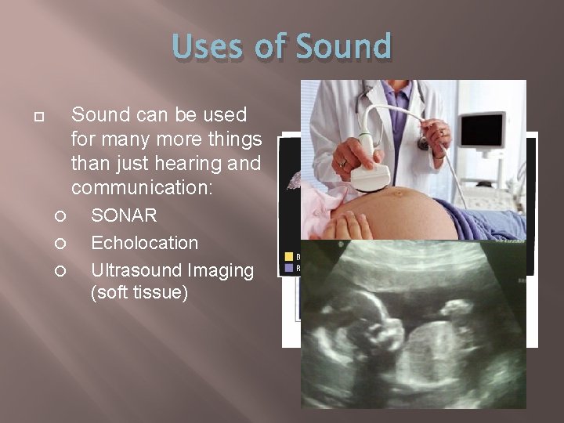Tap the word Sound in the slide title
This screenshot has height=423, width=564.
click(344, 46)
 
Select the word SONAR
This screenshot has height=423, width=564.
click(124, 215)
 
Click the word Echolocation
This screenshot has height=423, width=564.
click(144, 243)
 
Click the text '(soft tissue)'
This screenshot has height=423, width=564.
click(139, 295)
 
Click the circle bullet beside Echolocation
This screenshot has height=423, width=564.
click(60, 244)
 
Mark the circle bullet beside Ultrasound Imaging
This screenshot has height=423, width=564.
click(60, 271)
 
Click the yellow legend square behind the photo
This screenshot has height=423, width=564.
click(288, 255)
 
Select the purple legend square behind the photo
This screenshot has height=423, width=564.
click(288, 267)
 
